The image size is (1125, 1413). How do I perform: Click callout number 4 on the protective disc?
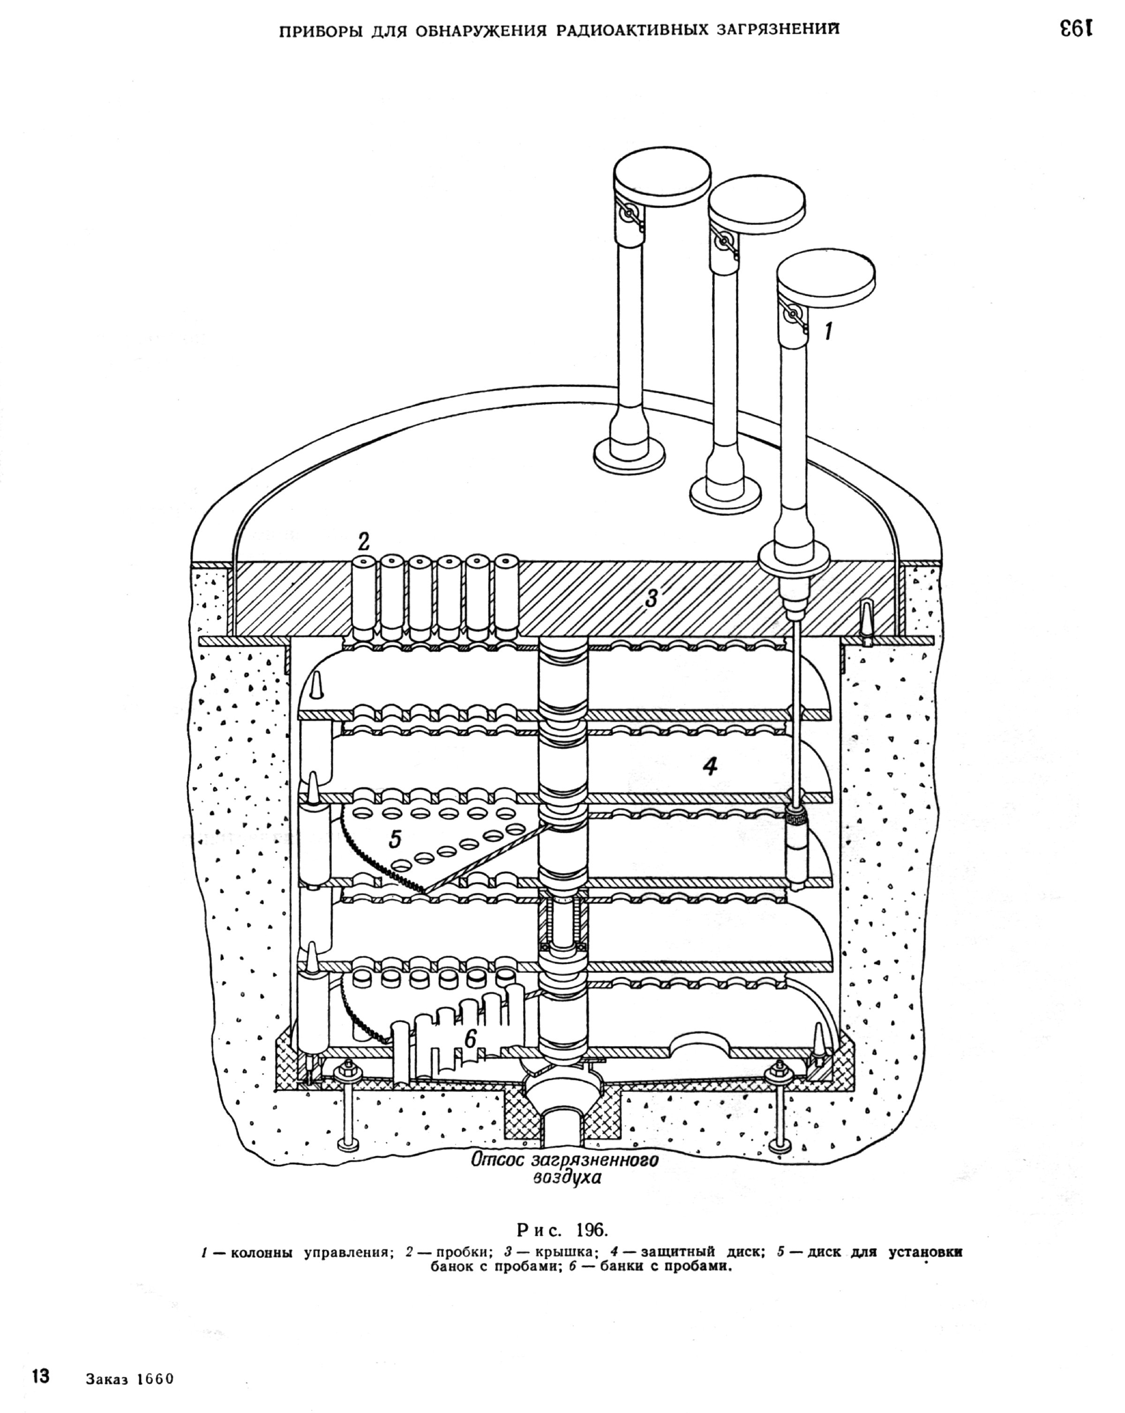710,765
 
